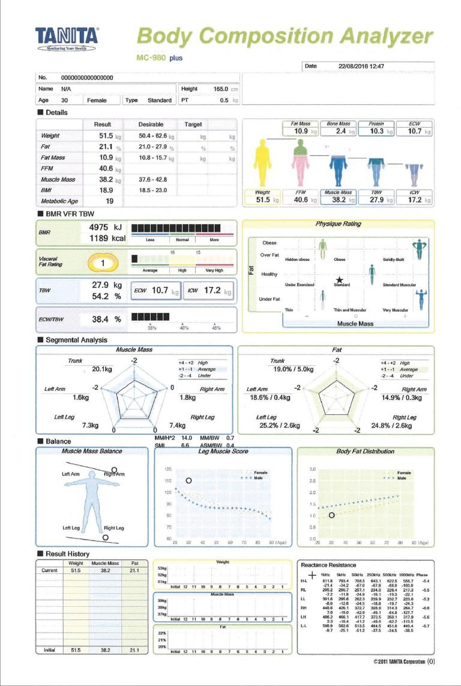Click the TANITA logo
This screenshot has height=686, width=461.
(x=67, y=36)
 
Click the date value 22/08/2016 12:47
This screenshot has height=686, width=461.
(x=361, y=67)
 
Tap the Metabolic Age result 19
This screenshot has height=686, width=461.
(x=109, y=201)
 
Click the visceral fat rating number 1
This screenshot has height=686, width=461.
(x=103, y=263)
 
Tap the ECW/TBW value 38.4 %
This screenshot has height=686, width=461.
(x=106, y=320)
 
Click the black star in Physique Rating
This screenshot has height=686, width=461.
(x=340, y=279)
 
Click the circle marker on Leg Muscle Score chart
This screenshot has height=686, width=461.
(x=188, y=480)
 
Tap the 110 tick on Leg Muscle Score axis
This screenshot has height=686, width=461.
(x=167, y=481)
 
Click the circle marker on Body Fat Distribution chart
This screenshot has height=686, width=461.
(x=331, y=515)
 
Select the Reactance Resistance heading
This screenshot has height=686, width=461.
(x=328, y=565)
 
